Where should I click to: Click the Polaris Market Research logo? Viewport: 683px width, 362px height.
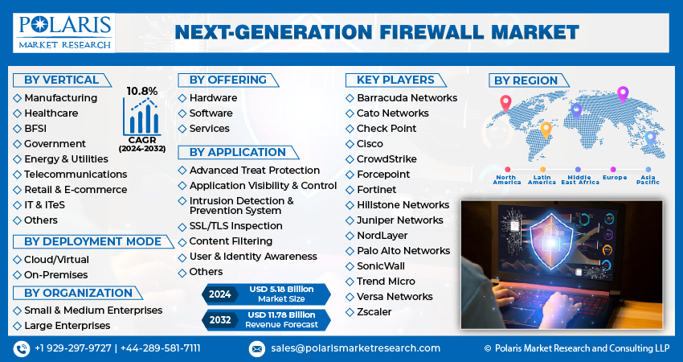[63, 31]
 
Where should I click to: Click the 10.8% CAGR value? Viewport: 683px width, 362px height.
[141, 91]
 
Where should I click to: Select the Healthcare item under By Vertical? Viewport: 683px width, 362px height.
[51, 113]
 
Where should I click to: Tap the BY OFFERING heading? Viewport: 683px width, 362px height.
[228, 80]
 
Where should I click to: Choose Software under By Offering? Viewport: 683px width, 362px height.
[211, 113]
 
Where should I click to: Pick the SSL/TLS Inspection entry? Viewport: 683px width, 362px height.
[235, 226]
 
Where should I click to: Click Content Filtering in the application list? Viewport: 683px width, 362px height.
[231, 241]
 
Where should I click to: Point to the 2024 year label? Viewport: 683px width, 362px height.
[220, 294]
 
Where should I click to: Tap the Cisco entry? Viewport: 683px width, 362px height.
[370, 144]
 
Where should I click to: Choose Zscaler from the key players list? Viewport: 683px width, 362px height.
[374, 312]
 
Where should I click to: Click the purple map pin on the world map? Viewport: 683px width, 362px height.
[622, 94]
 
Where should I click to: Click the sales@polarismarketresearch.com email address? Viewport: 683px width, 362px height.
[355, 348]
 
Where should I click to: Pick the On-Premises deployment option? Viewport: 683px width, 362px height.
[56, 275]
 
